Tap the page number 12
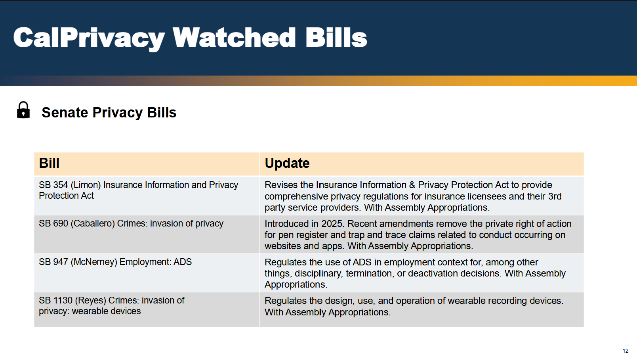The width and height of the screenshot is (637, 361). pos(626,351)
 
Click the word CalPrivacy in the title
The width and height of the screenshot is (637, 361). pos(89,38)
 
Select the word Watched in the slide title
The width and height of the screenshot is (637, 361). pos(235,37)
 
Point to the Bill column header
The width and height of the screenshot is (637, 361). pos(49,163)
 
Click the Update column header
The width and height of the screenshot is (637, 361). pos(287,163)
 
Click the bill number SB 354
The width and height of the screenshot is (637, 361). pos(53,185)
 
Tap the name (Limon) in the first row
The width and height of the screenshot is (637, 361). pos(86,185)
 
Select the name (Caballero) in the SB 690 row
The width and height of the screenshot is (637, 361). pos(93,223)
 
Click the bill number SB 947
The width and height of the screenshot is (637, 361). pos(53,262)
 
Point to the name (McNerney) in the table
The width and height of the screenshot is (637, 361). pos(94,262)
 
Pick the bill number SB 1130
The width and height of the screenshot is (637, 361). pos(56,300)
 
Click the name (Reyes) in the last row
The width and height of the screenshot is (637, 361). pos(90,301)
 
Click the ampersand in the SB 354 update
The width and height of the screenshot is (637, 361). pos(412,185)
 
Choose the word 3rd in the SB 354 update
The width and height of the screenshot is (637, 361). pos(555,196)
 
